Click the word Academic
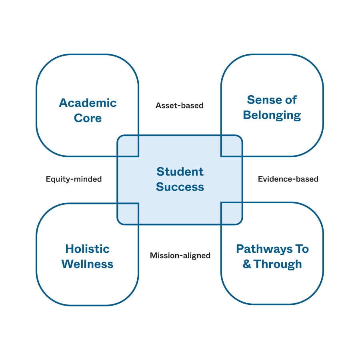coord(88,103)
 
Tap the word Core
coord(88,118)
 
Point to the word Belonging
coord(272,115)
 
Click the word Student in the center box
coord(180,172)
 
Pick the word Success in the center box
coord(180,187)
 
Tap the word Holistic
coord(87,249)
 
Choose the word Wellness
coord(87,264)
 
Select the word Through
coord(278,264)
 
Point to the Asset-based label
coord(180,106)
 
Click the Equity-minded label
coord(74,179)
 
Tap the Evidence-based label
coord(288,179)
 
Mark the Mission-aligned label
coord(180,255)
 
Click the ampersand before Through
coord(247,264)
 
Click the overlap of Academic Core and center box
coord(128,146)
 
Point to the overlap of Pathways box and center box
coord(232,213)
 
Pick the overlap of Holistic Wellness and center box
coord(128,214)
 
